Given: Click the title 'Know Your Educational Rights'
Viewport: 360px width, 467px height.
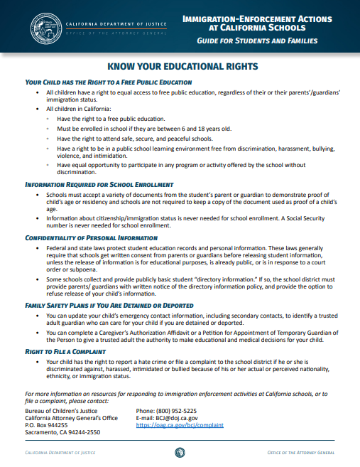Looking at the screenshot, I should pyautogui.click(x=180, y=66).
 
